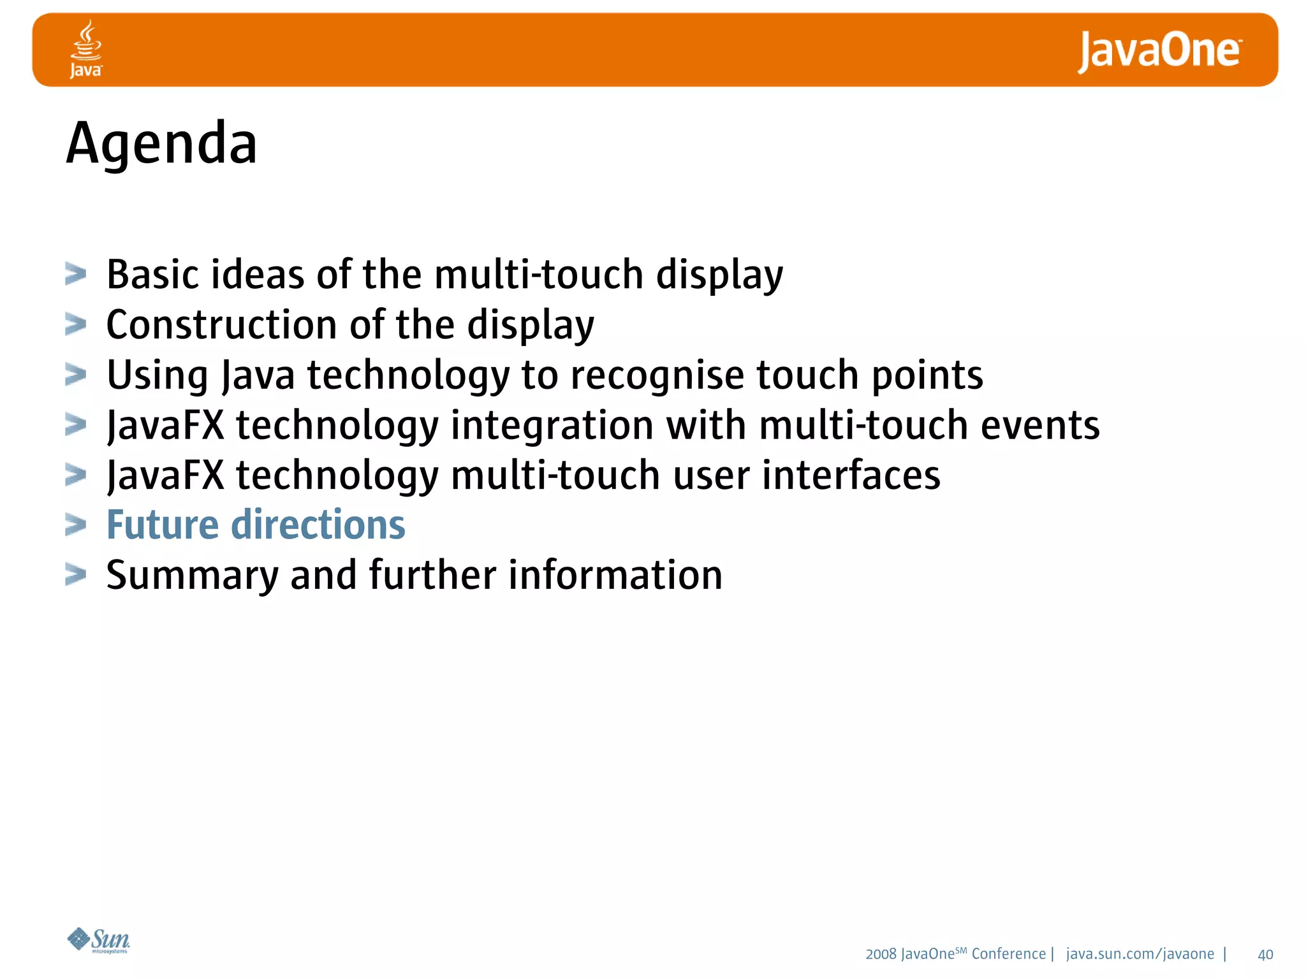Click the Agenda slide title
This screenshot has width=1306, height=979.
(x=161, y=144)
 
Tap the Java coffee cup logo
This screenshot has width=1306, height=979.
(x=86, y=49)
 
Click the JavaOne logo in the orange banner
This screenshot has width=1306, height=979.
(x=1159, y=52)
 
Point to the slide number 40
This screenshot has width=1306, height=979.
(x=1265, y=955)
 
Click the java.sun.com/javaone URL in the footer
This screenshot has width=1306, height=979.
(x=1140, y=954)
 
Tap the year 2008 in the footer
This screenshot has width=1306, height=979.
(x=881, y=954)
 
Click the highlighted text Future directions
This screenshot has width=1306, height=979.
(x=256, y=525)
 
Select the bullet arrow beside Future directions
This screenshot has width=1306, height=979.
(x=76, y=525)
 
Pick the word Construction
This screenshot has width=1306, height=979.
(x=221, y=324)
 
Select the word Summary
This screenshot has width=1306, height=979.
(x=193, y=576)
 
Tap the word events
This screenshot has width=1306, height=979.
(x=1039, y=425)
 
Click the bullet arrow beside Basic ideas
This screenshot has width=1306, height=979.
(x=76, y=275)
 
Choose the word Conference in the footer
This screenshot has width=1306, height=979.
(x=1008, y=954)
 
